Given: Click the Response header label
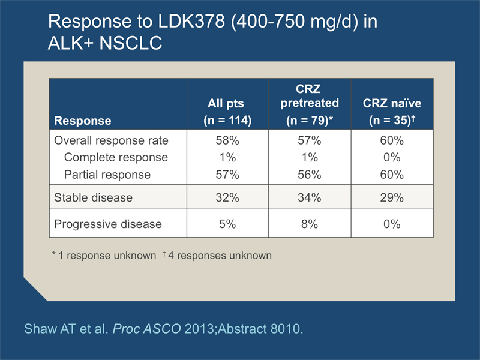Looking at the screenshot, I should [83, 121].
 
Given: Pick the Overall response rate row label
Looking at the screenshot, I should [112, 141].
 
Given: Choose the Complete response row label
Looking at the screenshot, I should [116, 158].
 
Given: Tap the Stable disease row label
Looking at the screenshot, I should [93, 197].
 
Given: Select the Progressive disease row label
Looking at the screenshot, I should [108, 224].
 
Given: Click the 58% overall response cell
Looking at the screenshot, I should [227, 141].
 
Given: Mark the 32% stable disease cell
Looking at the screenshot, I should [227, 197].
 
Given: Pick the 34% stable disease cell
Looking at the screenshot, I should [310, 197].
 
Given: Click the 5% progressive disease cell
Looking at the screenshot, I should [227, 224].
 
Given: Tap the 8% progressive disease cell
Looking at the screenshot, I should [310, 224].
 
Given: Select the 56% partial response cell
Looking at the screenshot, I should [310, 175].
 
